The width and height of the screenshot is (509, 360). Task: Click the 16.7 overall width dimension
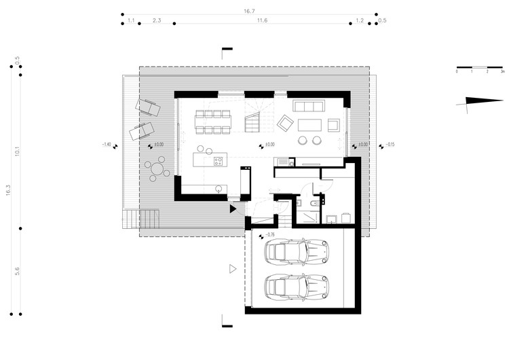coord(248,12)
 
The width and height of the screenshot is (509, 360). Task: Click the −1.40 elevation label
coord(105,145)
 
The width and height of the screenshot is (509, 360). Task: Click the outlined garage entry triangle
coord(233,269)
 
